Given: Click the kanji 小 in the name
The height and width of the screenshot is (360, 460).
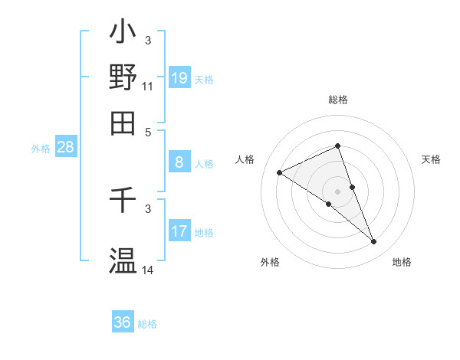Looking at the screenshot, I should pos(123,34).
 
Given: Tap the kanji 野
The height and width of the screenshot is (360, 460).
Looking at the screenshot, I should pos(123,77).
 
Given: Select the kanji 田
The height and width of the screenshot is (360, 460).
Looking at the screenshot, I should pos(123,122).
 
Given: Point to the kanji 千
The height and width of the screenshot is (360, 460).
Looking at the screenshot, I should pos(123,201).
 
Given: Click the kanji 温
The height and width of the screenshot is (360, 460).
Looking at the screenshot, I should pos(123,260).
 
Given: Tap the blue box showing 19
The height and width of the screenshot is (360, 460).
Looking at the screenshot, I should pos(179,77).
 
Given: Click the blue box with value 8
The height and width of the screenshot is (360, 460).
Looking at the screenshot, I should pos(179,162).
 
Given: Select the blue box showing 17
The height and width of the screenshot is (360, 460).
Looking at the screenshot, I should pos(179,231).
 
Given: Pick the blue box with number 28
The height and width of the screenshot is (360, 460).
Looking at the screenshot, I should pos(65,147).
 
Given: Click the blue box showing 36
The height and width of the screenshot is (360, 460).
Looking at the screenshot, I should pos(123,322).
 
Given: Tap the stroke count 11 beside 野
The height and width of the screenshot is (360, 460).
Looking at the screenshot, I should pos(148,87).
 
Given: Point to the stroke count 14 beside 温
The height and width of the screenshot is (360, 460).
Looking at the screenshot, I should pos(148,270).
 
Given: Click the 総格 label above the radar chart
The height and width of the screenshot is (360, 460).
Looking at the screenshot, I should pos(338,100).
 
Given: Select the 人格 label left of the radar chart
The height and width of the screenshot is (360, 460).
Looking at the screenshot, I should pos(245,159).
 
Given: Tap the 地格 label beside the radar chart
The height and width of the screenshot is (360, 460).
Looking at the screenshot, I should pos(402,262).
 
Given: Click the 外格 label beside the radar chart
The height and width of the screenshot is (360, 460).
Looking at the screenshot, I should pos(270,262).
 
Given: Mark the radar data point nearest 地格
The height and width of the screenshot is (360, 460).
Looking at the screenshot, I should pos(374,242).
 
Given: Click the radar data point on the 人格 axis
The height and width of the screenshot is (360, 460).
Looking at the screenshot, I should pos(280,173).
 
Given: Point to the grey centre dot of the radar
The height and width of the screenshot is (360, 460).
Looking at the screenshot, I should pos(338,191).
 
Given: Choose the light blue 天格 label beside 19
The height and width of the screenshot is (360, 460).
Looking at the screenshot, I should pos(204,79).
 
